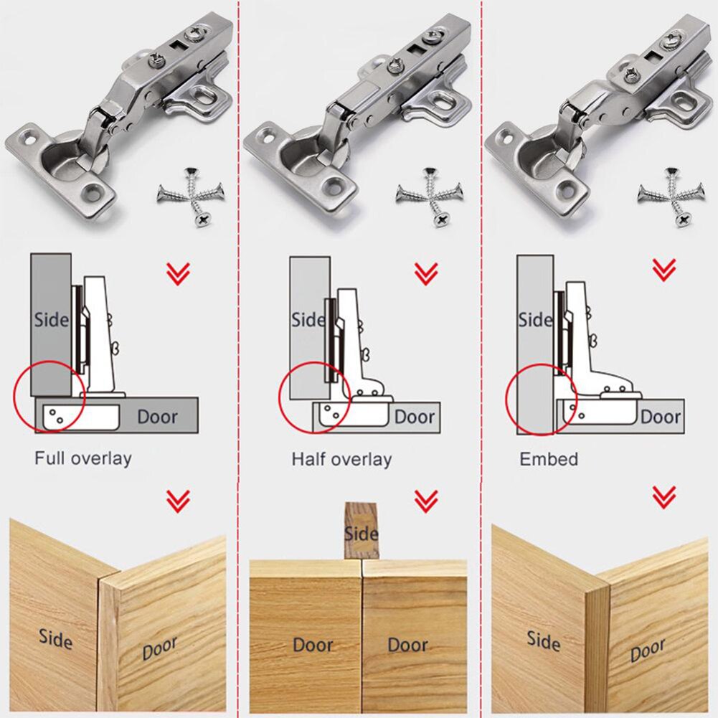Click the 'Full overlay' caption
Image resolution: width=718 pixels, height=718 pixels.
[82, 458]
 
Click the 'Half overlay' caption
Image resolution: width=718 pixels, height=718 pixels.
[341, 459]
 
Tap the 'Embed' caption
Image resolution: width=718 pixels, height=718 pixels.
[549, 459]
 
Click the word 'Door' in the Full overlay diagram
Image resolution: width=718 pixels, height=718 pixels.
[157, 416]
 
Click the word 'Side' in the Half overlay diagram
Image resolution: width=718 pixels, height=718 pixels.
[308, 319]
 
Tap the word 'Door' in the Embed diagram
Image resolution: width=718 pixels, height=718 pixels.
[661, 417]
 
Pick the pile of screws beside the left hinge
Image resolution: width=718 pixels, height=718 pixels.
[191, 194]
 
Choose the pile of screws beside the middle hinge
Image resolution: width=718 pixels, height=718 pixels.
[430, 193]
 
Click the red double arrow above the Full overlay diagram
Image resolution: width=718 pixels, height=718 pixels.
[178, 273]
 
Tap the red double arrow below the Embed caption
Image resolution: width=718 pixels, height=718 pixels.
[663, 496]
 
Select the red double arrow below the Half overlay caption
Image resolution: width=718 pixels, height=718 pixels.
[426, 500]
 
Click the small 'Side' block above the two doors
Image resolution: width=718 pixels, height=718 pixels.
[361, 530]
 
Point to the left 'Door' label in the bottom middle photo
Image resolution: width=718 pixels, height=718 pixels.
[313, 645]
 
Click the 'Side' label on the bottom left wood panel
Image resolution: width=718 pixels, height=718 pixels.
[55, 637]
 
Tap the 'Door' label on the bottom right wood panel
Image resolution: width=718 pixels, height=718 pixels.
[647, 651]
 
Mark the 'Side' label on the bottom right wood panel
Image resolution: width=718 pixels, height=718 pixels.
[543, 640]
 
